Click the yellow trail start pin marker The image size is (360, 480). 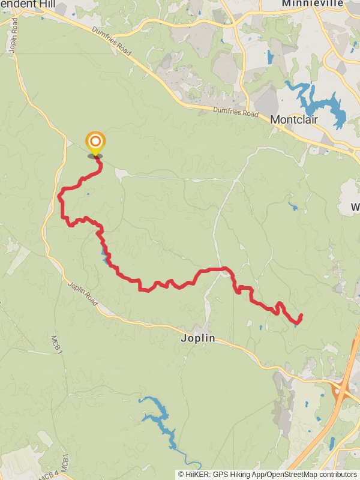(x=95, y=143)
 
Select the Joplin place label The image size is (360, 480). (x=197, y=338)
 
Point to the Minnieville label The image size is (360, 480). (x=313, y=4)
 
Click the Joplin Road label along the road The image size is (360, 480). (x=83, y=293)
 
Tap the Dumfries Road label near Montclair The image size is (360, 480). (x=236, y=112)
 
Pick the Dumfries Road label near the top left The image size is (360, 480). (x=111, y=41)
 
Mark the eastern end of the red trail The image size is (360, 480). (x=300, y=316)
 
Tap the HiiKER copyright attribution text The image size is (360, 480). (x=267, y=474)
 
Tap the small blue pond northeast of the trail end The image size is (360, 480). (x=292, y=207)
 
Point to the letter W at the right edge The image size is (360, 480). (x=355, y=207)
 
